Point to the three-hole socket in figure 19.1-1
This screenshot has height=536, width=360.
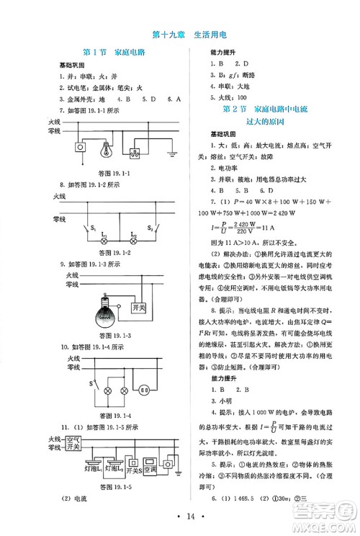click(135, 153)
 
